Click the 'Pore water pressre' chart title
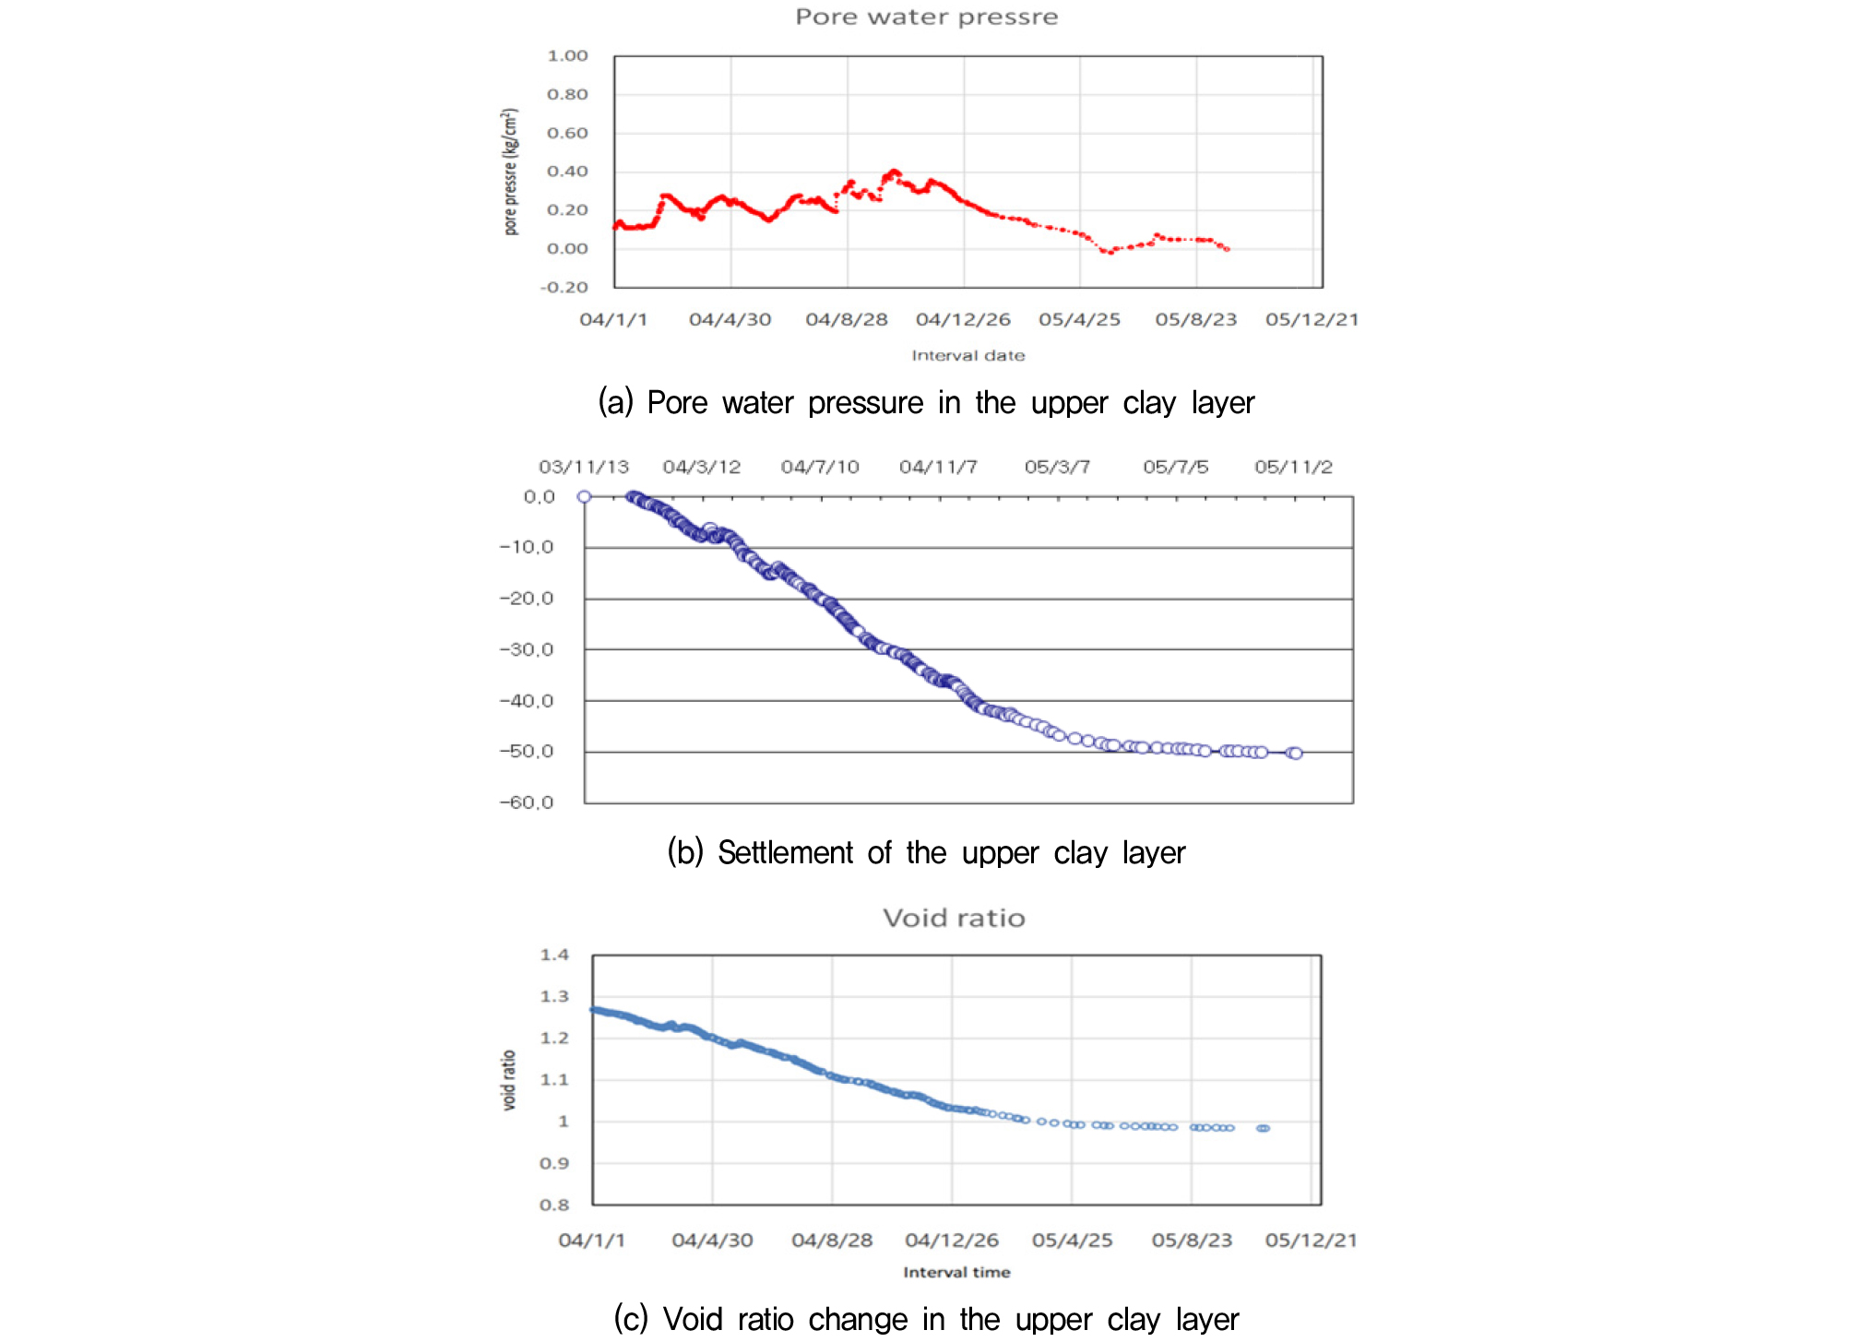click(x=926, y=17)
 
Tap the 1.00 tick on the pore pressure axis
click(x=567, y=56)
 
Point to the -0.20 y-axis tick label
click(x=564, y=288)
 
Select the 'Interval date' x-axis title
click(x=968, y=356)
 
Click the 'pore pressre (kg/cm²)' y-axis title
click(x=510, y=172)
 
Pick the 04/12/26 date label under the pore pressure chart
click(x=963, y=320)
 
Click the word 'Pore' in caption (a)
click(x=677, y=403)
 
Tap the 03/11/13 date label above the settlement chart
click(x=584, y=468)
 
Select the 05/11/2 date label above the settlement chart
click(x=1293, y=468)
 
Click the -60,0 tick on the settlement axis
click(x=527, y=802)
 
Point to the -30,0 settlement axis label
click(x=527, y=650)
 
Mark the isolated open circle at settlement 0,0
click(x=584, y=497)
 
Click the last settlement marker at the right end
click(x=1296, y=754)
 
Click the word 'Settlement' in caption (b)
click(x=785, y=853)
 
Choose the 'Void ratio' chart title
click(x=954, y=919)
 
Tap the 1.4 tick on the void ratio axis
click(x=554, y=956)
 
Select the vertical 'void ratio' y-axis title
click(x=508, y=1080)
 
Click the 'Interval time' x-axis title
click(x=956, y=1273)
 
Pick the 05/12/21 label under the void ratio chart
click(x=1311, y=1241)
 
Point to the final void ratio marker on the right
click(x=1264, y=1129)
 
